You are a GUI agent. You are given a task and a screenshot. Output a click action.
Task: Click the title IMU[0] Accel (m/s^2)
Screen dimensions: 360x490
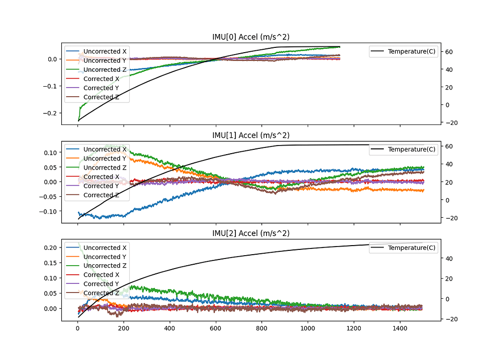[x=251, y=37]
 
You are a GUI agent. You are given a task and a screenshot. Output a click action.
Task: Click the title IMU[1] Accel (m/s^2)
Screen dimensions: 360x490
[x=251, y=135]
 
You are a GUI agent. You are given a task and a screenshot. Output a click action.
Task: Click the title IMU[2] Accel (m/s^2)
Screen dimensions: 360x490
[x=251, y=233]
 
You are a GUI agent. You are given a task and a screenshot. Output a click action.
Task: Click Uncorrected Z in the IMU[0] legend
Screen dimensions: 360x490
[x=105, y=69]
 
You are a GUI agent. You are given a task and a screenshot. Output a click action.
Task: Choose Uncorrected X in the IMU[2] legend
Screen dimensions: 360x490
[x=105, y=247]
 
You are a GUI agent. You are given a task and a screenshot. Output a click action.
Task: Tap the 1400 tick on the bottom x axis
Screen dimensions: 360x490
[x=400, y=329]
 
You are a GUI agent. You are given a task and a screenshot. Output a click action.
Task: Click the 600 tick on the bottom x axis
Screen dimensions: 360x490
[x=216, y=329]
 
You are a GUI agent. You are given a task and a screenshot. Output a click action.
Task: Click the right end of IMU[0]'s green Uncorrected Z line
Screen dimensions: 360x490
[x=340, y=47]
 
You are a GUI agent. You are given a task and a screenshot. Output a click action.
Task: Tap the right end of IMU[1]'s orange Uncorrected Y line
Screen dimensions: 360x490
[x=423, y=191]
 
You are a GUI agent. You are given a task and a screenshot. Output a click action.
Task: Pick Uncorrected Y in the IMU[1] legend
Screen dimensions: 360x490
[x=105, y=158]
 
